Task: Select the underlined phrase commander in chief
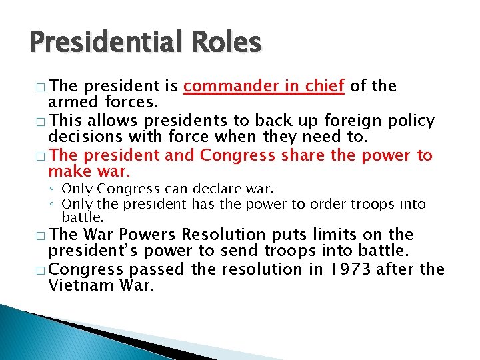(264, 86)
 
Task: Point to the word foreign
(357, 121)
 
